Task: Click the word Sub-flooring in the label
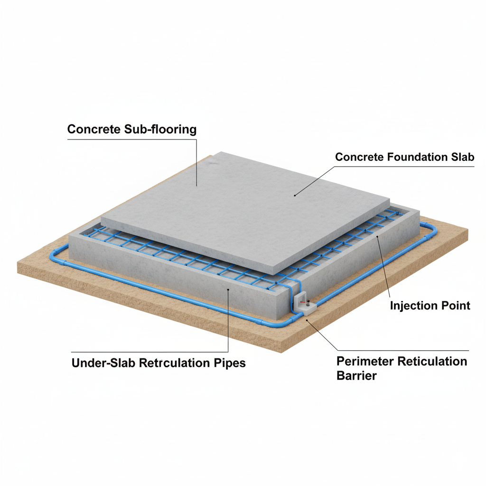click(160, 129)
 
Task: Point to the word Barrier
click(356, 376)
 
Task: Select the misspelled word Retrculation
click(174, 363)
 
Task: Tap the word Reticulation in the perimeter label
click(432, 361)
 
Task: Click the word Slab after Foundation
click(462, 157)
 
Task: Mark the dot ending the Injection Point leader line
click(377, 236)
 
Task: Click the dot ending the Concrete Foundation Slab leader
click(295, 195)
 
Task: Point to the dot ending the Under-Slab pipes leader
click(228, 290)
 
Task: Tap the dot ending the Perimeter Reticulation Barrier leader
click(307, 320)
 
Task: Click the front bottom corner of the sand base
click(281, 353)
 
